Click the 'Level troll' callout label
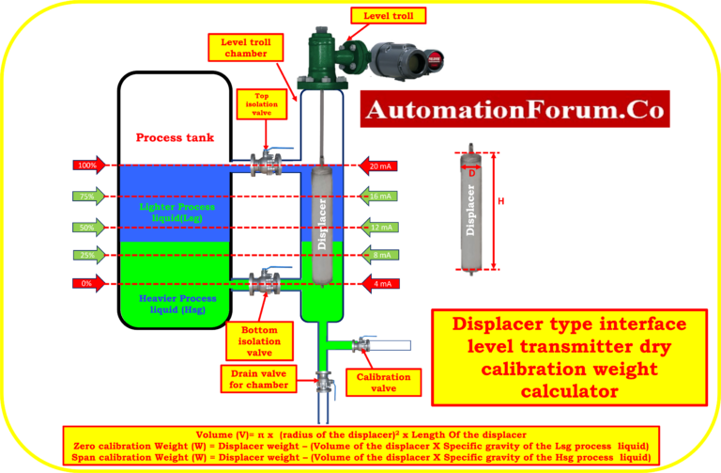[388, 15]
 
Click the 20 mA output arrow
[376, 166]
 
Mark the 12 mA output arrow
[377, 227]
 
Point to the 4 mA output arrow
[377, 284]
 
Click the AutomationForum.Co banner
[514, 109]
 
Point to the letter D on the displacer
[472, 172]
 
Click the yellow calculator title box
[569, 357]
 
